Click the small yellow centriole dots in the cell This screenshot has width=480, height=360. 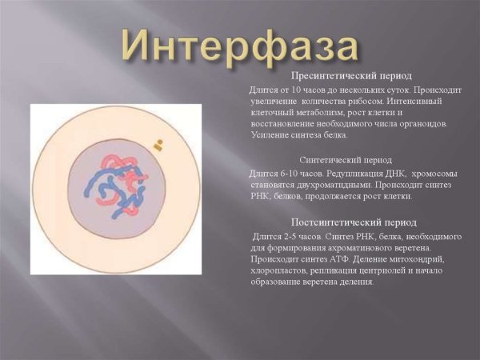[x=158, y=146]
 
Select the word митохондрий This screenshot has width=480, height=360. [x=420, y=259]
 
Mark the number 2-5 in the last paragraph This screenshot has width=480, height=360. [x=291, y=237]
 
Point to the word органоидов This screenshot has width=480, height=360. [x=422, y=124]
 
